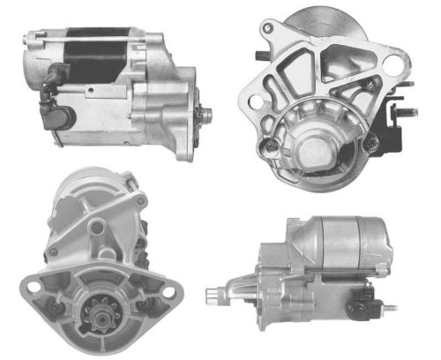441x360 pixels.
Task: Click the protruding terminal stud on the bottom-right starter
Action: (389, 310)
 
